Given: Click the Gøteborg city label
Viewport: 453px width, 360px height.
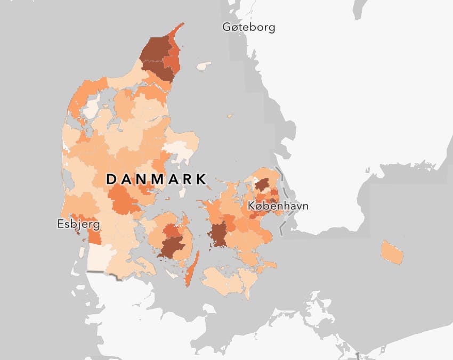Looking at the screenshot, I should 249,27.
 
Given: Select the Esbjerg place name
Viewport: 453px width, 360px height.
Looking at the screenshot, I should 78,224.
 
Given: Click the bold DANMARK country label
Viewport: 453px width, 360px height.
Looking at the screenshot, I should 157,179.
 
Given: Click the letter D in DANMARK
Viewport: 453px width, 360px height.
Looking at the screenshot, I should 111,179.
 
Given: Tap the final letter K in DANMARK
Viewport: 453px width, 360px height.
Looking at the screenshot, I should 201,179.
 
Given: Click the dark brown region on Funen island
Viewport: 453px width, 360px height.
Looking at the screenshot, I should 172,247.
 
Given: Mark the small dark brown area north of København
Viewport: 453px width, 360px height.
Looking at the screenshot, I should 262,185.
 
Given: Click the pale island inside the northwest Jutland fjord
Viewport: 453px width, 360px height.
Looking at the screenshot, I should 90,108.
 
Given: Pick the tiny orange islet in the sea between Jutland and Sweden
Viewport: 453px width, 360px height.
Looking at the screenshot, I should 230,116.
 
